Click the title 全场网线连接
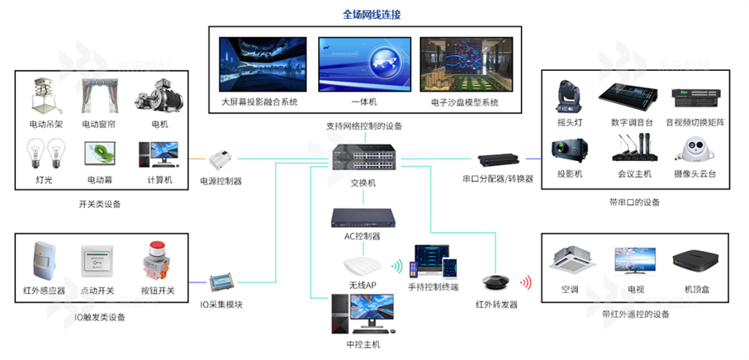click(x=372, y=15)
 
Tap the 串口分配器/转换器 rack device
click(x=498, y=160)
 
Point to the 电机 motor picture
click(x=154, y=97)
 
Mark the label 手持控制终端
click(x=434, y=287)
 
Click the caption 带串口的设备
click(x=634, y=202)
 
